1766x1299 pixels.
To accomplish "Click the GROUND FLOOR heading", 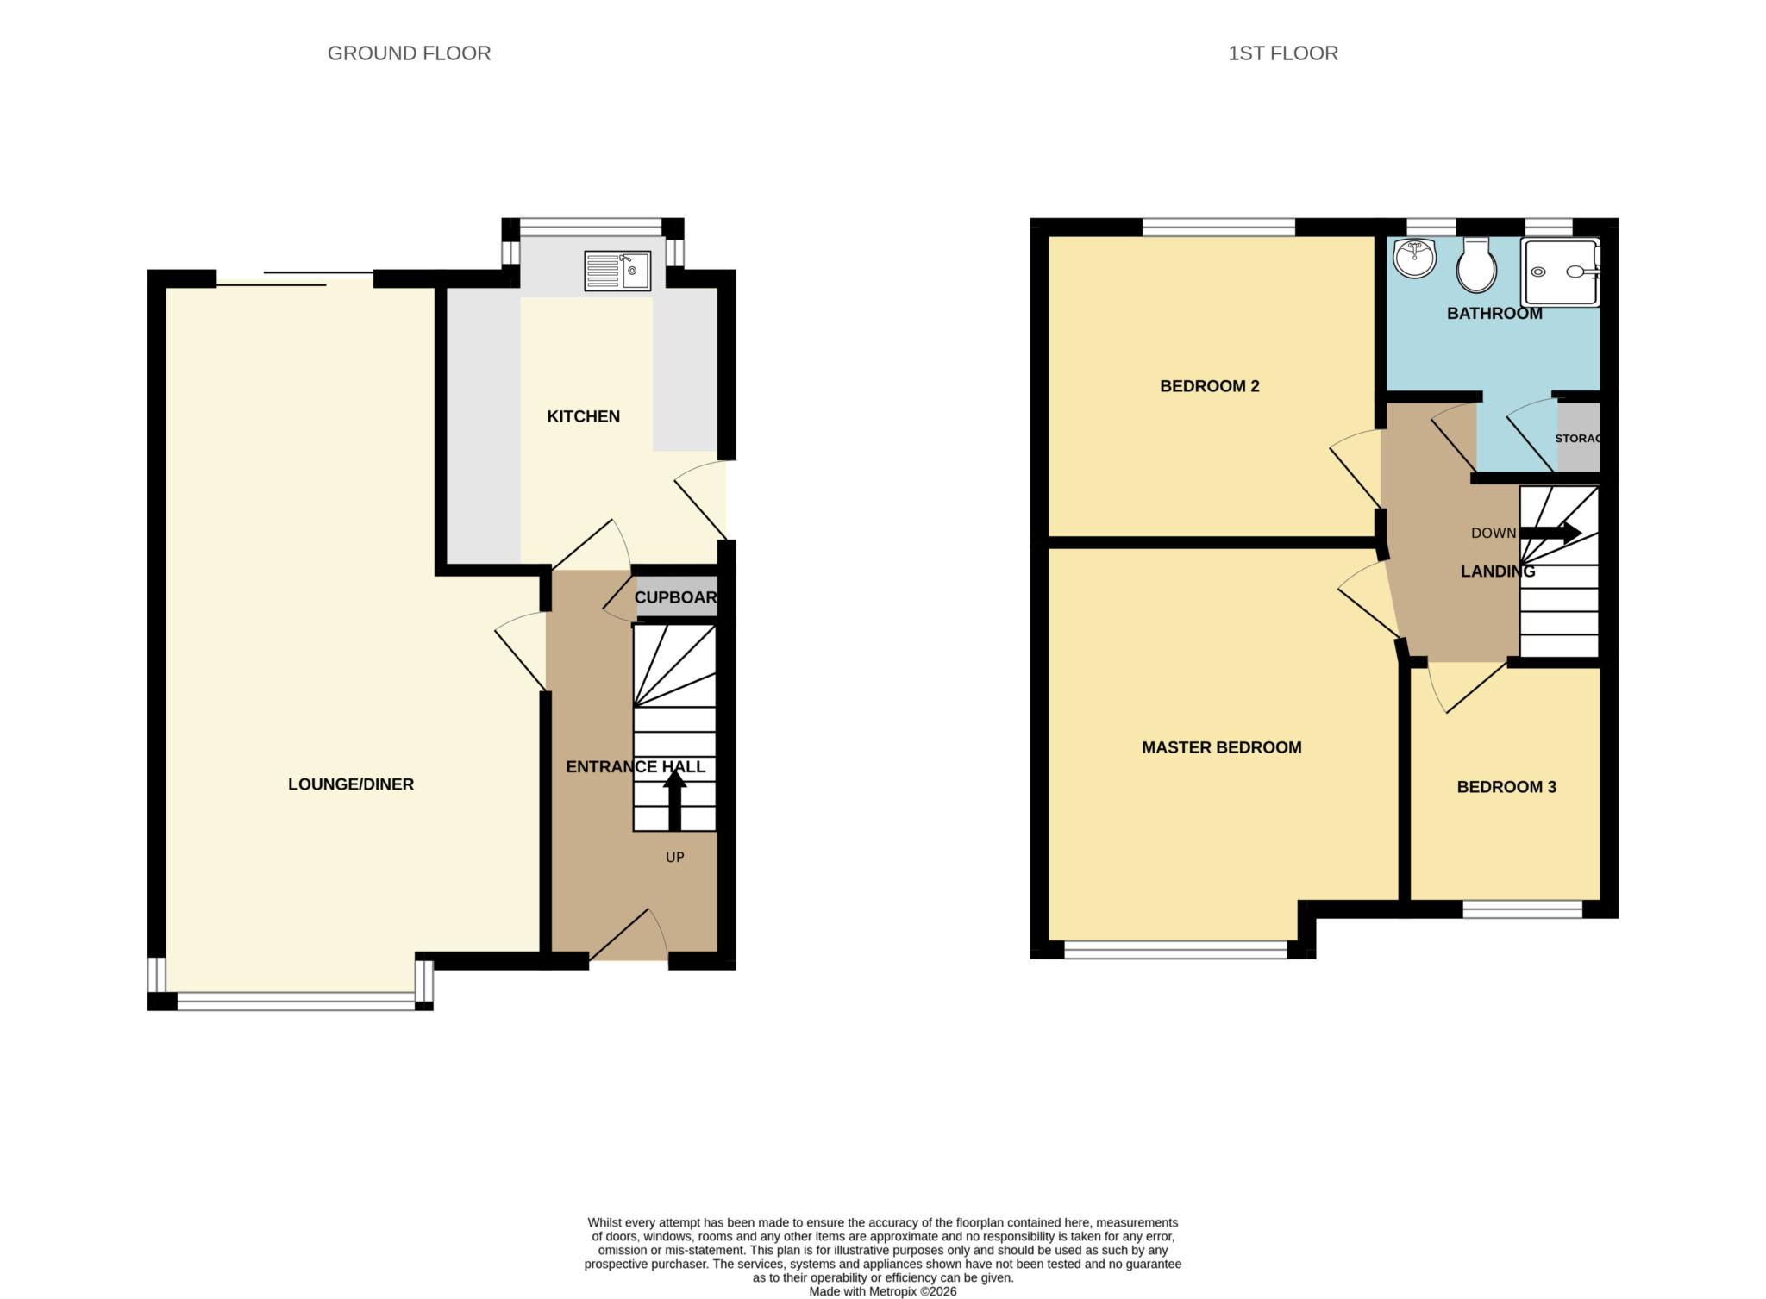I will click(x=409, y=53).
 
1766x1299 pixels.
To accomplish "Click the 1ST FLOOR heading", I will click(x=1282, y=53).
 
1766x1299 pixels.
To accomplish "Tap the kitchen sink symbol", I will click(x=617, y=271).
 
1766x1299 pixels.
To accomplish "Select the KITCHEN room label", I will click(x=583, y=416).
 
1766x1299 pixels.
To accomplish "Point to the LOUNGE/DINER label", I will click(x=351, y=784).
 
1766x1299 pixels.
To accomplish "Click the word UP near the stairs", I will click(x=674, y=857).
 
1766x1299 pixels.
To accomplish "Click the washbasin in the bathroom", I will click(x=1414, y=257).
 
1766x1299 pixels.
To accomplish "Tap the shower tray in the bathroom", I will click(x=1559, y=272).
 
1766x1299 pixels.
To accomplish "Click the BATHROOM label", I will click(x=1494, y=314).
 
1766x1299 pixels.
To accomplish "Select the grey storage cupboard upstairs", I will click(x=1578, y=438).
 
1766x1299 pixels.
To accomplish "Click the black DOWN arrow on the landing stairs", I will click(x=1550, y=533).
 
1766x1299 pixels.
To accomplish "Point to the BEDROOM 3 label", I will click(x=1506, y=787).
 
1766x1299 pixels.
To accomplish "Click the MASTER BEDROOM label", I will click(x=1221, y=747).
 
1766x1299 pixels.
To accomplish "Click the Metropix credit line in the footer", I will click(x=882, y=1291).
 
